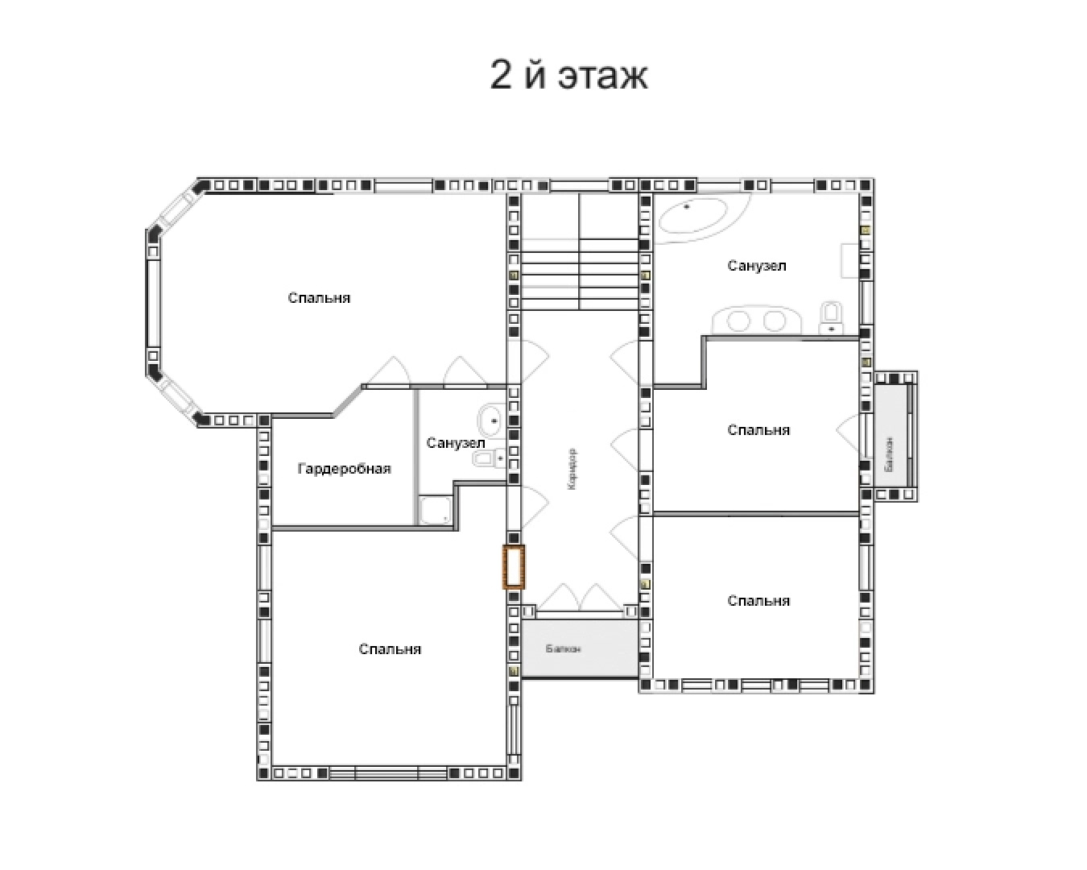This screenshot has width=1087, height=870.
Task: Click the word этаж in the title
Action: click(602, 76)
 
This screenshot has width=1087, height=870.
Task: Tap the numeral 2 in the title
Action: click(501, 75)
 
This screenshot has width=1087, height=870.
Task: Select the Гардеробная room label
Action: click(345, 469)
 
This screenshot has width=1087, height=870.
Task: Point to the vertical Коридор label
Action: click(572, 470)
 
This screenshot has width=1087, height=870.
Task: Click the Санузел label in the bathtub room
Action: click(757, 266)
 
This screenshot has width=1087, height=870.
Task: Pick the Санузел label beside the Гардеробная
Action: click(456, 443)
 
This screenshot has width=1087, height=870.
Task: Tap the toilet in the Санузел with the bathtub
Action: click(831, 318)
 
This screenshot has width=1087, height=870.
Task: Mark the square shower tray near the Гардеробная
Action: click(436, 511)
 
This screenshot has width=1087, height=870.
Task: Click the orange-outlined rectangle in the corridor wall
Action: click(513, 566)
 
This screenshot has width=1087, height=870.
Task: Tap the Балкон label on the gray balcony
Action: click(563, 648)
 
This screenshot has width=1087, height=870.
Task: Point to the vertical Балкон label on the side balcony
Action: click(889, 454)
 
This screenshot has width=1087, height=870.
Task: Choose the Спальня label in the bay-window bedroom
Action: click(319, 298)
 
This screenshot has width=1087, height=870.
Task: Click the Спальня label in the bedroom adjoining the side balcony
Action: click(758, 430)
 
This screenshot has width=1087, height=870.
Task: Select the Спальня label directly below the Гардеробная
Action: click(390, 649)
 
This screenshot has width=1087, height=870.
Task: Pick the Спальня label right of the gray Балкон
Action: click(758, 601)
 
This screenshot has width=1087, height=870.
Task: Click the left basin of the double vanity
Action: click(738, 321)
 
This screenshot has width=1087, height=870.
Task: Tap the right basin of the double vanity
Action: click(774, 321)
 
